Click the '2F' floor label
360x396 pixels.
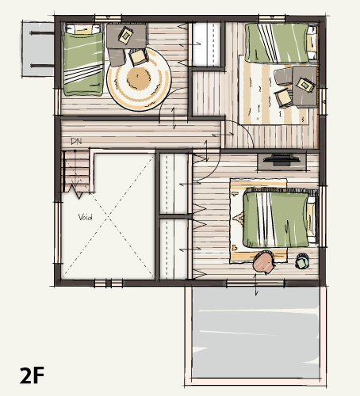(32, 375)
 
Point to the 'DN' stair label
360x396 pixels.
(76, 142)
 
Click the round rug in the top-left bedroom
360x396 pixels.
(138, 78)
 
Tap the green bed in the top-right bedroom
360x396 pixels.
(276, 43)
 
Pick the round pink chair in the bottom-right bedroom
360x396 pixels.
(263, 263)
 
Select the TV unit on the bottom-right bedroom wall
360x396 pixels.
(280, 161)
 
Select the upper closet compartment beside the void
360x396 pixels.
(174, 184)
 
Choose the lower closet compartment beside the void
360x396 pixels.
(174, 247)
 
